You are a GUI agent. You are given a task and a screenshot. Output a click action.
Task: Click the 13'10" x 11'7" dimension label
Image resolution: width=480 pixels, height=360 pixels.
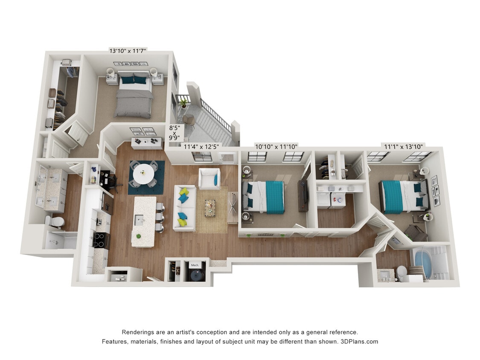128,51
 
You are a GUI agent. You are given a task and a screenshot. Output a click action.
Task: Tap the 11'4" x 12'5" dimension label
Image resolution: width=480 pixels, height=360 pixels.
201,147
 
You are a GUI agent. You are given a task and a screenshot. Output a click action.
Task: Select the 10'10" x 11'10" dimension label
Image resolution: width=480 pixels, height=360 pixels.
276,147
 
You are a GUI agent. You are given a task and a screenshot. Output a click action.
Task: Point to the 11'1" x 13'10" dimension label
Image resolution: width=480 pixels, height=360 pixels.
403,147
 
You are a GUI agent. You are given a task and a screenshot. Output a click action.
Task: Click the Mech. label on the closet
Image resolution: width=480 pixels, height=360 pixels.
195,265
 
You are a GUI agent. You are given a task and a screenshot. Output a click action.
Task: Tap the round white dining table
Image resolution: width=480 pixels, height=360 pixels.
144,173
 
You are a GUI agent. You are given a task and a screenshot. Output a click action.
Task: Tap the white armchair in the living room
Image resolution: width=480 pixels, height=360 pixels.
209,179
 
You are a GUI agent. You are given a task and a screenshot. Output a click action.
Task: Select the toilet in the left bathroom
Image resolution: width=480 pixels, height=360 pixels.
55,222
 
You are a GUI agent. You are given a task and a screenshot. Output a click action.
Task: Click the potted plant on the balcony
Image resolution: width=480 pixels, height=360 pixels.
184,102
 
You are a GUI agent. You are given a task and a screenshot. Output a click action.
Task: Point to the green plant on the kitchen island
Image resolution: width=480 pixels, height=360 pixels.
138,236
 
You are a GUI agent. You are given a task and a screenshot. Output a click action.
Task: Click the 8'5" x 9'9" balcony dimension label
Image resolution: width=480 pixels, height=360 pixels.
174,132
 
